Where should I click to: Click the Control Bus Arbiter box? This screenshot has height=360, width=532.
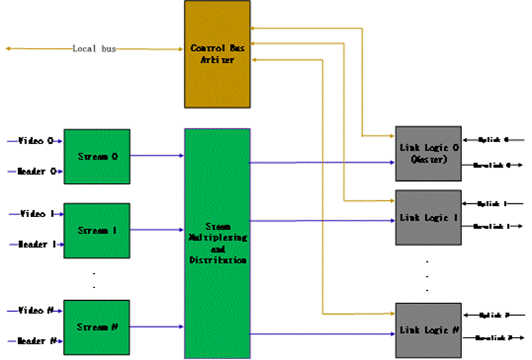(217, 53)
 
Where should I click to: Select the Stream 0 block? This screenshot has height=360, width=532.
(97, 157)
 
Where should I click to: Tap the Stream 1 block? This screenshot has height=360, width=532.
(97, 230)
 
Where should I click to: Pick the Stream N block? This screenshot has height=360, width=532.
(97, 327)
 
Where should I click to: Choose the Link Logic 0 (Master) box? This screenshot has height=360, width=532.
(427, 153)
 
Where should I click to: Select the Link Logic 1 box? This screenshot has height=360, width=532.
(427, 217)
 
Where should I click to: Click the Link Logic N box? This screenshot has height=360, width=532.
(427, 329)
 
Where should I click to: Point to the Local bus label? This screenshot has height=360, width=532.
(94, 49)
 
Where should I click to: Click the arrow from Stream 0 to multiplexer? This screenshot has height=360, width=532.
(157, 155)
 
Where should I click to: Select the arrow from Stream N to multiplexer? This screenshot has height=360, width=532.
(157, 326)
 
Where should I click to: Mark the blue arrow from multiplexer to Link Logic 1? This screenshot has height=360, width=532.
(323, 221)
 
